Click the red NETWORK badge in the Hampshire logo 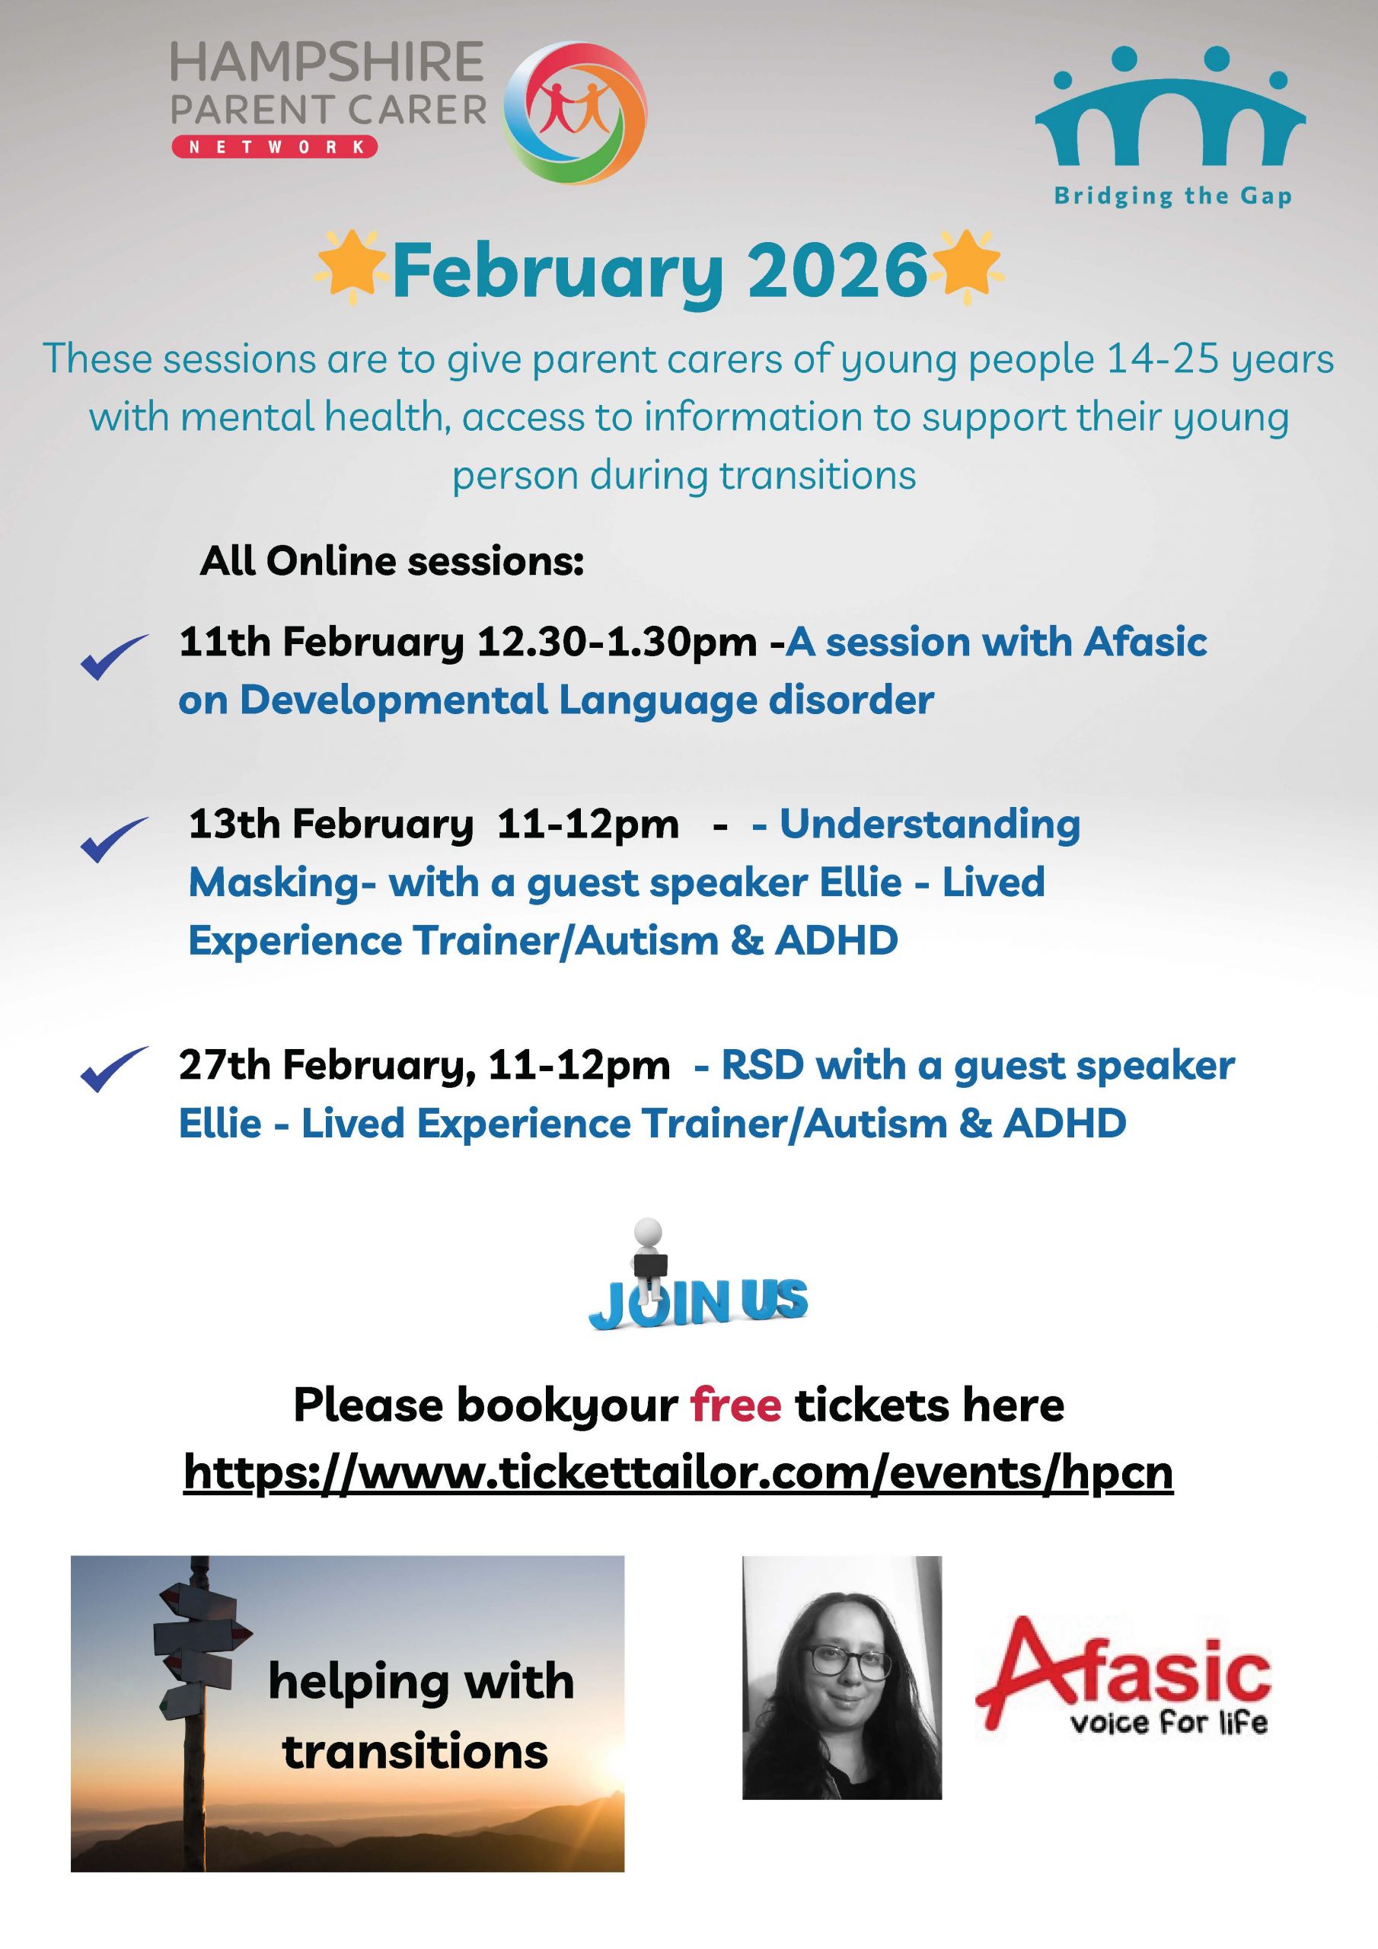click(274, 147)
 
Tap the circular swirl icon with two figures click(575, 112)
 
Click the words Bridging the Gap click(1172, 197)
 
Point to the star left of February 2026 click(348, 267)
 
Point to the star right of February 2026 click(966, 267)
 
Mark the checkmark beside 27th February click(113, 1069)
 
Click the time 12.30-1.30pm click(617, 643)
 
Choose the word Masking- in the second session click(282, 883)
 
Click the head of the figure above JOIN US click(648, 1231)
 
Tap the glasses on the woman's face click(836, 1660)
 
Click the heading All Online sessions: click(392, 561)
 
